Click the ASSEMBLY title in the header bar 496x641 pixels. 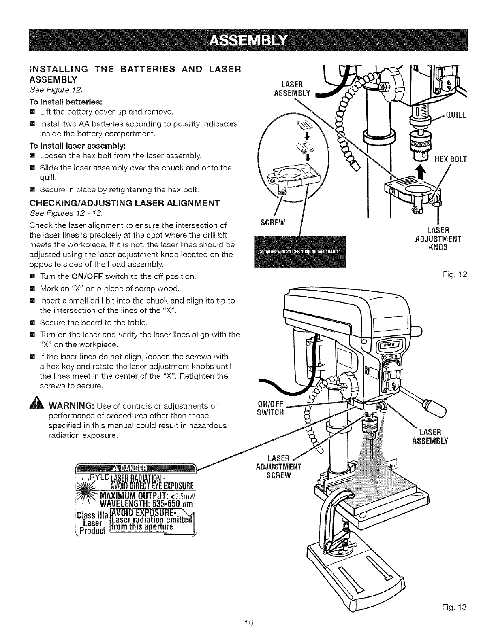[248, 40]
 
